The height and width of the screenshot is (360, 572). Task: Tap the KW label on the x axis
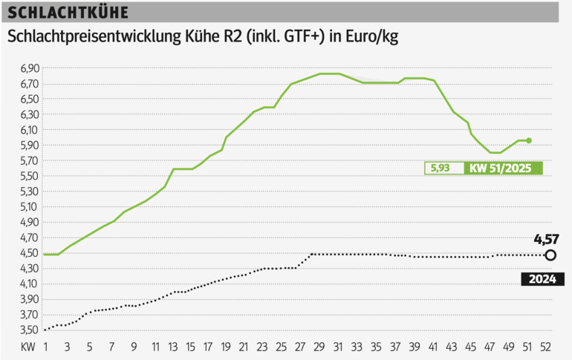pyautogui.click(x=27, y=347)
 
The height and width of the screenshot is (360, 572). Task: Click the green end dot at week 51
pyautogui.click(x=529, y=140)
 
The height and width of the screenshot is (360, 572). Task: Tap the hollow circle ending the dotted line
pyautogui.click(x=550, y=255)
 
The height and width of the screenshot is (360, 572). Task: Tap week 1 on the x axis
pyautogui.click(x=45, y=347)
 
